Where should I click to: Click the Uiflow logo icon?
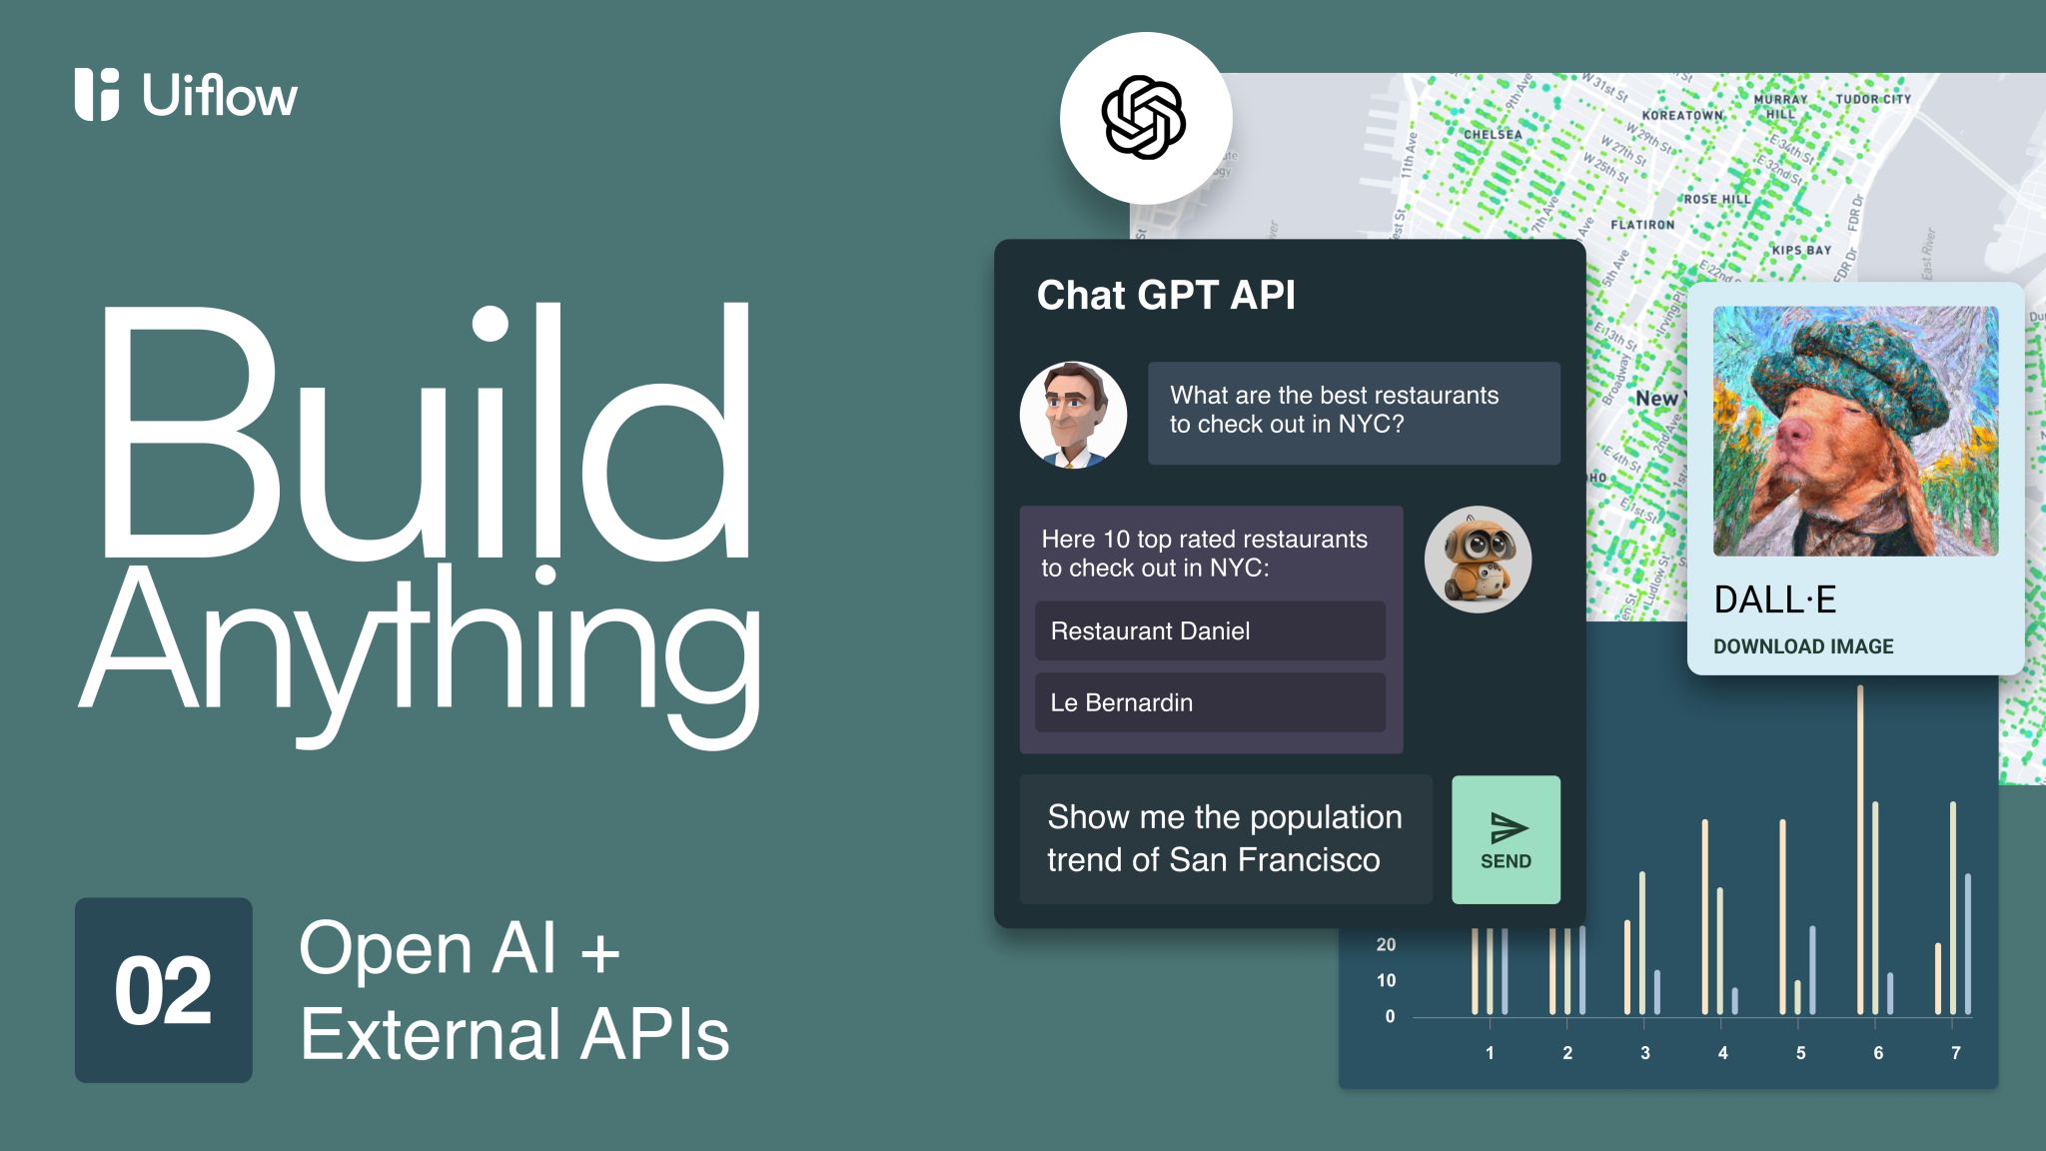click(x=97, y=95)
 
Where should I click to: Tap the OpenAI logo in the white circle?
click(x=1144, y=118)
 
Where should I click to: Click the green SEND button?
click(x=1506, y=839)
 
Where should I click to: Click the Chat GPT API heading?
click(x=1166, y=295)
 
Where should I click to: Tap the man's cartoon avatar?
click(x=1073, y=415)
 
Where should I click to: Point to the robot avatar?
click(x=1478, y=559)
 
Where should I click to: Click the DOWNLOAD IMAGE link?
click(x=1803, y=646)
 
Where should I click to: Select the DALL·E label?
click(x=1775, y=599)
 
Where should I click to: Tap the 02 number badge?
click(x=163, y=990)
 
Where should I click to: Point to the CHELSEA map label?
click(x=1493, y=134)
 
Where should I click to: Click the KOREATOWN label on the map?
click(x=1682, y=115)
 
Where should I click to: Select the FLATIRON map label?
click(x=1642, y=225)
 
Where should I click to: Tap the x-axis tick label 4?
click(x=1722, y=1053)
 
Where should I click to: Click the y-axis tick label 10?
click(x=1386, y=980)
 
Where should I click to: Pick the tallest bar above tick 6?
click(x=1860, y=849)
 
